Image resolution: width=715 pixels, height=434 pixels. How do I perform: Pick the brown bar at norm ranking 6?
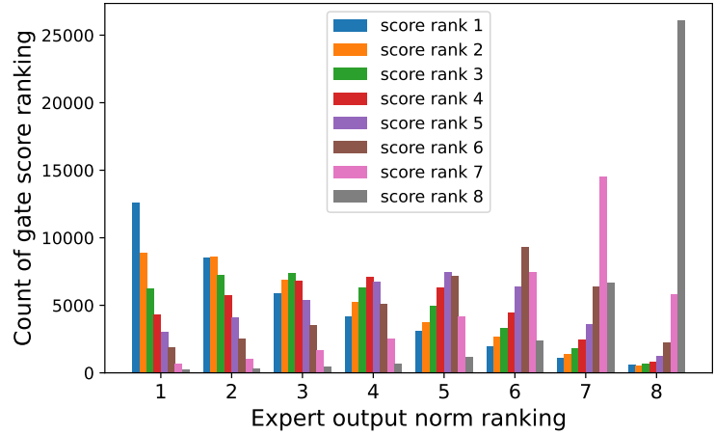pyautogui.click(x=525, y=310)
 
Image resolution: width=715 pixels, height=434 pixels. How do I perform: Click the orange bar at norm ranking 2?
pyautogui.click(x=214, y=314)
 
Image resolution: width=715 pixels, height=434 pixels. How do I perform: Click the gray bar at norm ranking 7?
pyautogui.click(x=610, y=328)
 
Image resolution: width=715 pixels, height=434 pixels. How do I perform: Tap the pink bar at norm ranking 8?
pyautogui.click(x=675, y=334)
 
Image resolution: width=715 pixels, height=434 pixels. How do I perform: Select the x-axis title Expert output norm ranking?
pyautogui.click(x=408, y=418)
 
